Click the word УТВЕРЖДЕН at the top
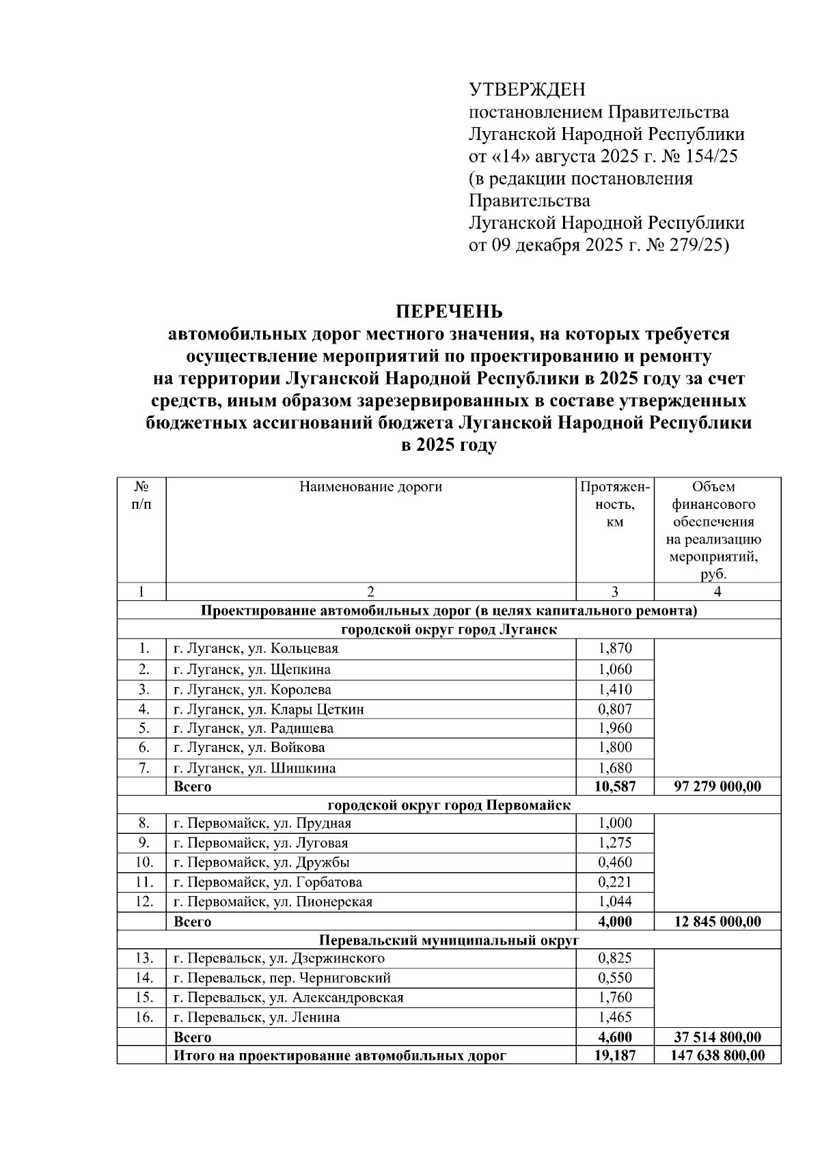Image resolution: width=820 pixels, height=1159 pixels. pyautogui.click(x=527, y=90)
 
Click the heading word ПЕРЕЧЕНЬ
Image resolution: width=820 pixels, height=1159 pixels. pyautogui.click(x=449, y=311)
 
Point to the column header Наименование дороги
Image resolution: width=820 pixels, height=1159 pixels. pyautogui.click(x=370, y=487)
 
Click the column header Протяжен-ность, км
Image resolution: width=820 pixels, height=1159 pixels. pyautogui.click(x=614, y=505)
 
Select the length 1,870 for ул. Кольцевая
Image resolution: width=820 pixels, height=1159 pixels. pyautogui.click(x=614, y=649)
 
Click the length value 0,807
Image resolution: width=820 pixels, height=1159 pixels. pyautogui.click(x=614, y=710)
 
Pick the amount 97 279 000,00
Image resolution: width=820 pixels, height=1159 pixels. pyautogui.click(x=717, y=787)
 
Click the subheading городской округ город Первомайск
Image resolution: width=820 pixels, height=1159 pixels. pyautogui.click(x=449, y=805)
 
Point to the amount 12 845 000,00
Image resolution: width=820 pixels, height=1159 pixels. pyautogui.click(x=717, y=922)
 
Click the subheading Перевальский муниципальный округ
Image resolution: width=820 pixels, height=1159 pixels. pyautogui.click(x=449, y=940)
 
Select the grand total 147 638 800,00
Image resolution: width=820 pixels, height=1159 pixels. pyautogui.click(x=717, y=1056)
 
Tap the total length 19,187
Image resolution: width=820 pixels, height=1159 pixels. pyautogui.click(x=614, y=1056)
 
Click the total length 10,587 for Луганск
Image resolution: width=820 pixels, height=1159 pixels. pyautogui.click(x=614, y=787)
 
